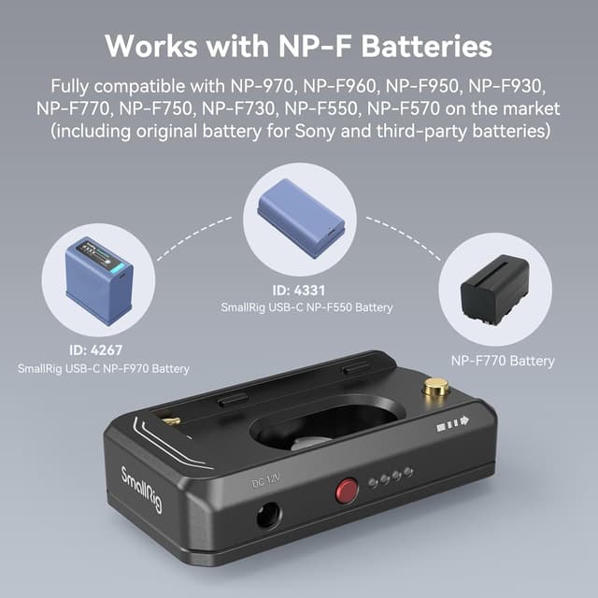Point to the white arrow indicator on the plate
(x=450, y=423)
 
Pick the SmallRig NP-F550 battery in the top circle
(x=301, y=219)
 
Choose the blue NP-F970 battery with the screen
(x=99, y=278)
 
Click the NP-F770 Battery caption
(x=503, y=361)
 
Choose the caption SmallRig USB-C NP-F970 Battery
(x=103, y=369)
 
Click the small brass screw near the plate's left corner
(x=171, y=421)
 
